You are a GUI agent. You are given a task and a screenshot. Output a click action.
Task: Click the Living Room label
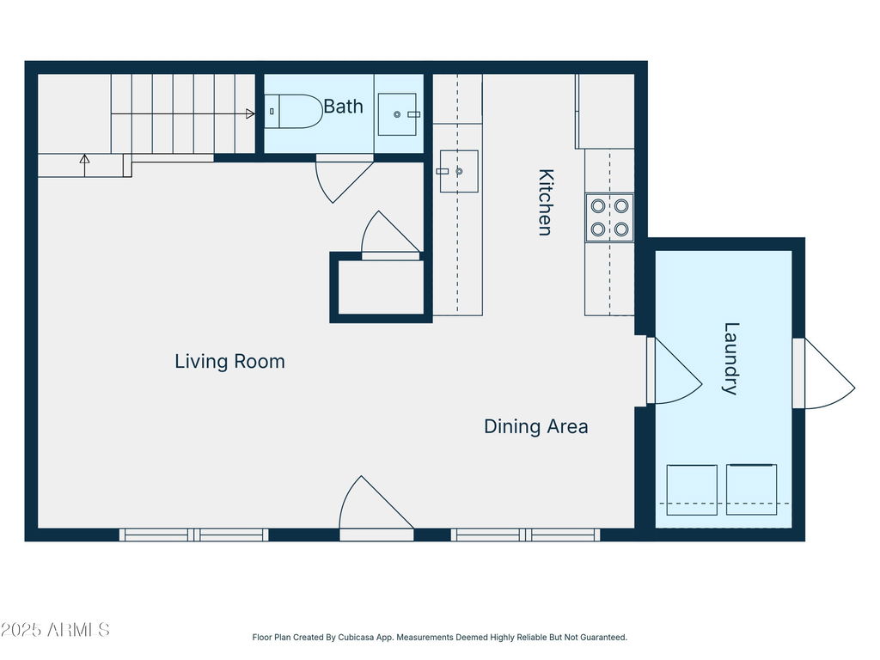point(229,361)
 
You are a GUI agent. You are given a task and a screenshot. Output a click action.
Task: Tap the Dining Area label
point(536,426)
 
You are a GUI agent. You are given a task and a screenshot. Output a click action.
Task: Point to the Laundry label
point(730,358)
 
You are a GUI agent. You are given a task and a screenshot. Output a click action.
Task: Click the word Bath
point(344,106)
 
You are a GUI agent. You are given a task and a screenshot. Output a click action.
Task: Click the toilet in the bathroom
point(293,111)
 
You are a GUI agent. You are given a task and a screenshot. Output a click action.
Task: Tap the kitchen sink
point(459,171)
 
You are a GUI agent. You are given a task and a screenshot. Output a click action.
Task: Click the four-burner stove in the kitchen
point(609,217)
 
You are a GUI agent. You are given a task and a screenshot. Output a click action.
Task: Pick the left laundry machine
point(692,489)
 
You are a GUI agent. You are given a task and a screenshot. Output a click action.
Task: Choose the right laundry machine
point(751,489)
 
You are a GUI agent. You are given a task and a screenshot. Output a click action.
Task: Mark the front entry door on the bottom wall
point(376,508)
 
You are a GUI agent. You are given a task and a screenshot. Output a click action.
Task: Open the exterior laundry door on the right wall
point(824,373)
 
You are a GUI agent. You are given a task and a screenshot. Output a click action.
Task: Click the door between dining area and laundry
point(675,370)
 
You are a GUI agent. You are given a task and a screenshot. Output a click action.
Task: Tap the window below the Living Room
point(193,535)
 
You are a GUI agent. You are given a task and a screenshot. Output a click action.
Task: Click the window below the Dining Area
point(525,535)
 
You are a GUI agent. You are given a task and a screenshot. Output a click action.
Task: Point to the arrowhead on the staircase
point(250,114)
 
